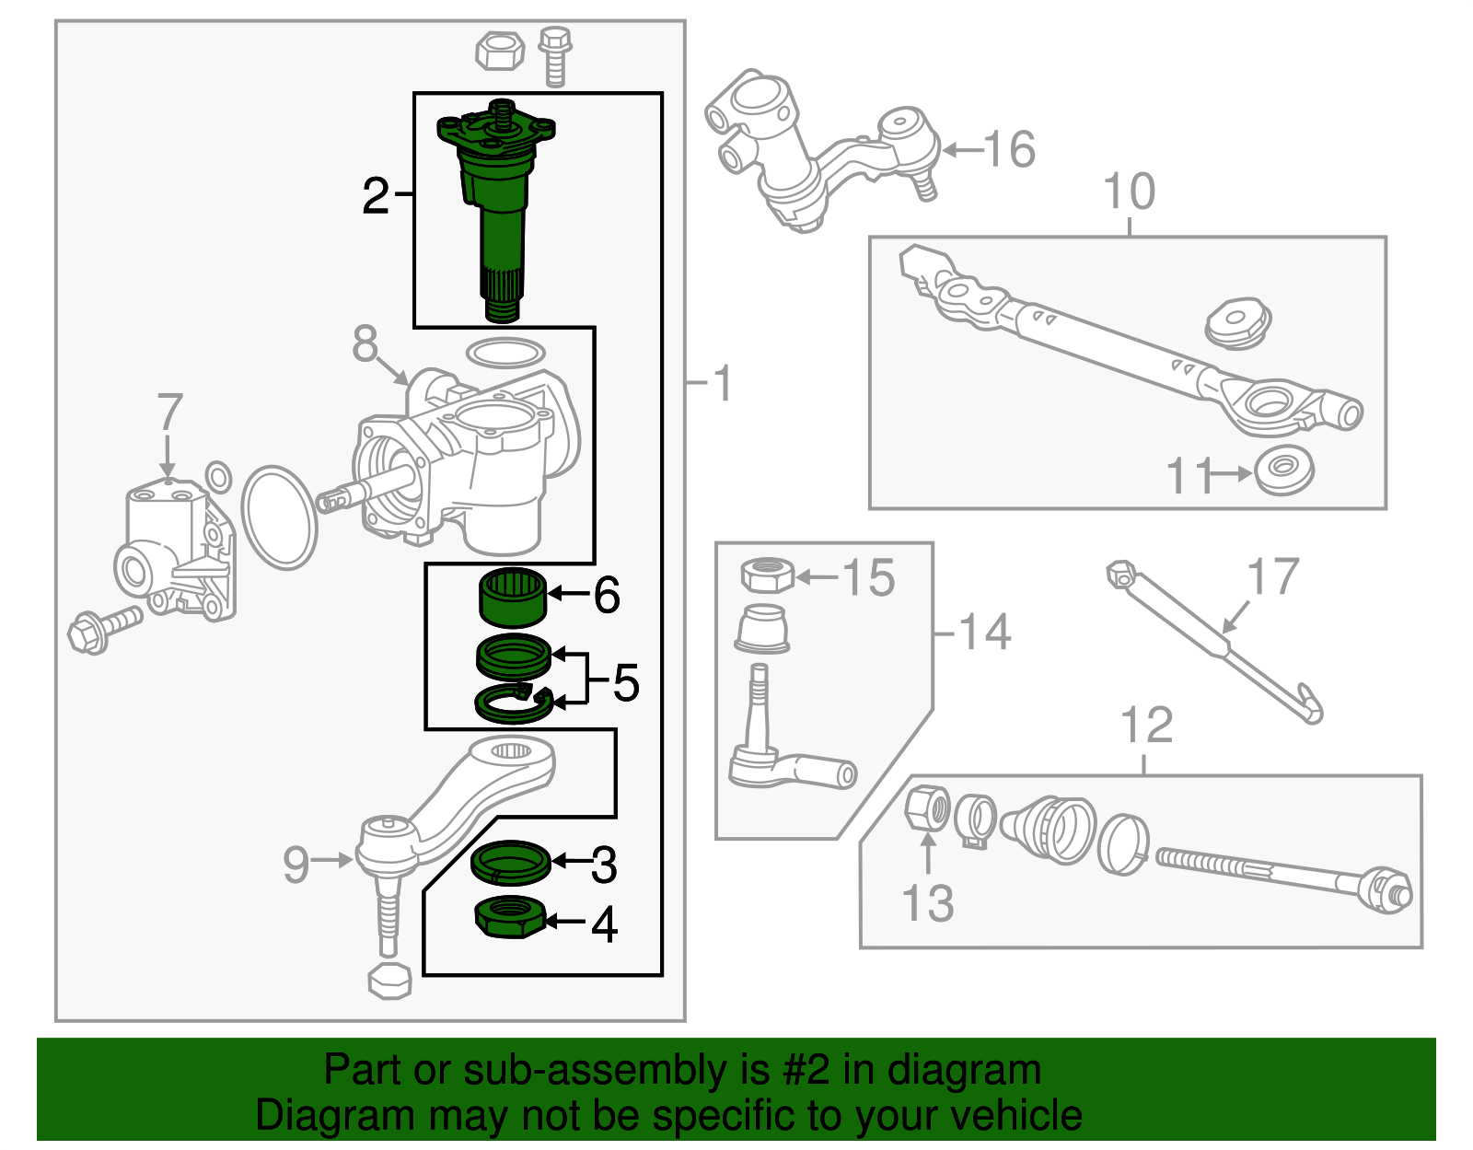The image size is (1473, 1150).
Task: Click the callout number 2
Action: [x=376, y=196]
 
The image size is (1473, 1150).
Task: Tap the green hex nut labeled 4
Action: [x=510, y=918]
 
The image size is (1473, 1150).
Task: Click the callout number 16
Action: [x=1009, y=149]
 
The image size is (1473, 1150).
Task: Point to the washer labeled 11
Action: [x=1284, y=470]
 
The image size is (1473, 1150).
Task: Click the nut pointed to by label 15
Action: [x=767, y=576]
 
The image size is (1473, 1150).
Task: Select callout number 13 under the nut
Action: [x=927, y=903]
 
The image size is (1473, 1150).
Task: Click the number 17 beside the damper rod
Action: [x=1272, y=577]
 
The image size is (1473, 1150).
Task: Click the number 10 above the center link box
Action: [x=1129, y=192]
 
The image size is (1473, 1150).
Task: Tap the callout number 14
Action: [x=984, y=633]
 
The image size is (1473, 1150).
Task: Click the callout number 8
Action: [x=365, y=344]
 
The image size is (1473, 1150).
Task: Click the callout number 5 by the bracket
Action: [x=625, y=682]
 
